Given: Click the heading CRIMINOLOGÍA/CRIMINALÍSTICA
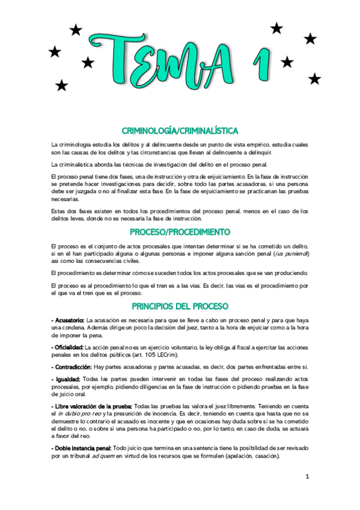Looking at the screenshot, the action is click(180, 131).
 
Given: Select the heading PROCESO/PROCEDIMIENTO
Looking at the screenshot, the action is click(180, 232).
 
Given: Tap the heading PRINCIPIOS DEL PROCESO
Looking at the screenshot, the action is click(180, 306).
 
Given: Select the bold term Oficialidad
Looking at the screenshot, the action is click(68, 348).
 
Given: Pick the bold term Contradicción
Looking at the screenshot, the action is click(73, 366).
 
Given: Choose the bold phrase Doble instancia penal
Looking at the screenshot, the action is click(81, 449).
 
